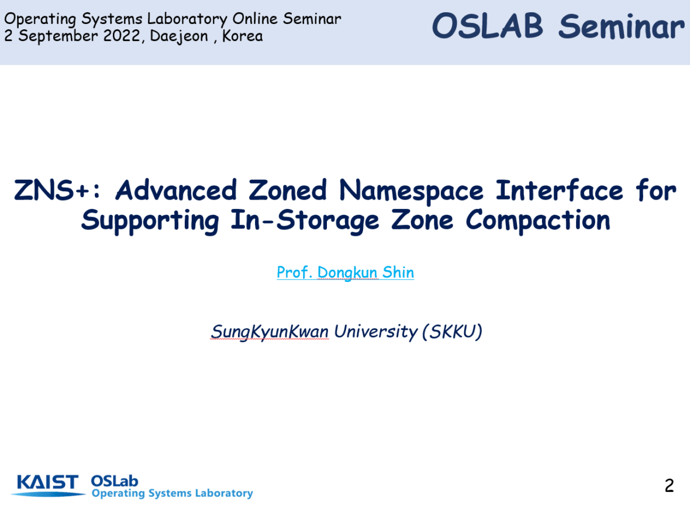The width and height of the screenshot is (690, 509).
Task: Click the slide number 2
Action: click(x=669, y=485)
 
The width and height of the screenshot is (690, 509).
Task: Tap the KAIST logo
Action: click(x=47, y=485)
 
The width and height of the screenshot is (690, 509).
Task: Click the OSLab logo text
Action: click(x=115, y=481)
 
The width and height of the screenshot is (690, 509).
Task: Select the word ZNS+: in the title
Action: click(x=57, y=190)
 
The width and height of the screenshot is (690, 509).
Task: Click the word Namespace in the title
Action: click(x=412, y=191)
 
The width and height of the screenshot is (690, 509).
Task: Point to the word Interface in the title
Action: click(x=559, y=190)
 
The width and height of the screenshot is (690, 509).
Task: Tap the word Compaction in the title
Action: click(x=538, y=220)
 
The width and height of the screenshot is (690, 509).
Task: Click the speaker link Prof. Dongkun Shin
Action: click(x=346, y=273)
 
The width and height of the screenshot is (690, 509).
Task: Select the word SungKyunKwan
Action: click(x=270, y=332)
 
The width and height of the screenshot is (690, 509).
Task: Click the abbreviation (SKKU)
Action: click(x=452, y=332)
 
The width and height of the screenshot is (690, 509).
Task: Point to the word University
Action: click(x=376, y=332)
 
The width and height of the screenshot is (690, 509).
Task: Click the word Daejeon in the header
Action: click(x=179, y=36)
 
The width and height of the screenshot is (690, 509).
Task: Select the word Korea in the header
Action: click(x=243, y=36)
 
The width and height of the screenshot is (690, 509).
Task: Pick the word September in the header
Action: click(x=58, y=36)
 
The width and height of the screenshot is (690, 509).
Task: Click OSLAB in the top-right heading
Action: click(x=488, y=26)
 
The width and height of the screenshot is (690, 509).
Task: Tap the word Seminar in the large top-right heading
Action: click(x=622, y=26)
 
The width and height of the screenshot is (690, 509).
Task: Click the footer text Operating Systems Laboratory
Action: click(x=172, y=493)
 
